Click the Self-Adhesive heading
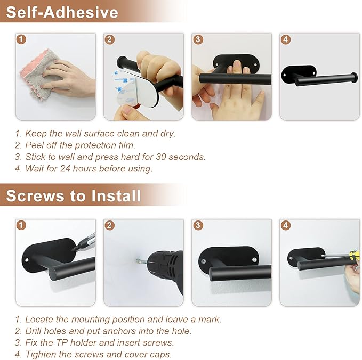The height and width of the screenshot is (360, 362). pyautogui.click(x=62, y=12)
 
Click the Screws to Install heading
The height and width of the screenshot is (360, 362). pyautogui.click(x=74, y=196)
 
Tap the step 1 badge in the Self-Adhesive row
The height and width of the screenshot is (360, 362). pyautogui.click(x=21, y=39)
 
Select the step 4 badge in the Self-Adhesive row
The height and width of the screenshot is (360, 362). pyautogui.click(x=285, y=39)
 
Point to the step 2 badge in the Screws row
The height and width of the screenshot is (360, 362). pyautogui.click(x=109, y=225)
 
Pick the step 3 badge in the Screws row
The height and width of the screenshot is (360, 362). pyautogui.click(x=198, y=225)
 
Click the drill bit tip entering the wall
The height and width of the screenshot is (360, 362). pyautogui.click(x=138, y=261)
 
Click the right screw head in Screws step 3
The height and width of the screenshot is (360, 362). pyautogui.click(x=254, y=260)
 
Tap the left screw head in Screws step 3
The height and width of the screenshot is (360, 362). pyautogui.click(x=204, y=261)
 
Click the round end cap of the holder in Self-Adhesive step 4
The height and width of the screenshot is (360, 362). pyautogui.click(x=354, y=77)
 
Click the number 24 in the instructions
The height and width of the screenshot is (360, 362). pyautogui.click(x=66, y=169)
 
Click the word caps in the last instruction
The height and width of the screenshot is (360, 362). pyautogui.click(x=162, y=355)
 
